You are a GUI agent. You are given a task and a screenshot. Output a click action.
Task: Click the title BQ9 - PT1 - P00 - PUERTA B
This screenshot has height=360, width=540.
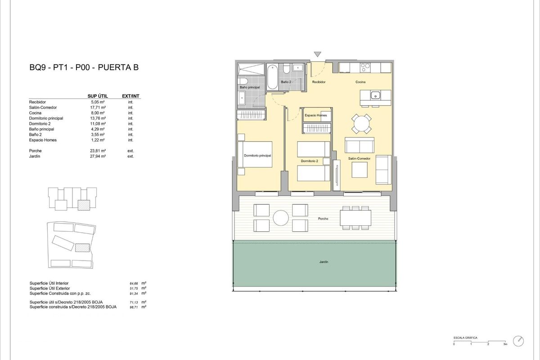[83, 68]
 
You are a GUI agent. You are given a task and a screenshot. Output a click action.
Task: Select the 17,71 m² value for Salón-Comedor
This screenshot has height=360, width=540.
[98, 108]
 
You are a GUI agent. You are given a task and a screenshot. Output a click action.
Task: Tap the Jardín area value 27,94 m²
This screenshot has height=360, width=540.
[98, 156]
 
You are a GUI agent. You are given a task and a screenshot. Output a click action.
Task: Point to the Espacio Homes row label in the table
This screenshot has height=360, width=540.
[43, 140]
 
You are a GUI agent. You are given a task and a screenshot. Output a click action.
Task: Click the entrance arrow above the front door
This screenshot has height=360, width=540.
[318, 54]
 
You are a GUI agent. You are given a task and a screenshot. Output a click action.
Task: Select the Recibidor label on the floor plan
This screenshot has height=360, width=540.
[319, 82]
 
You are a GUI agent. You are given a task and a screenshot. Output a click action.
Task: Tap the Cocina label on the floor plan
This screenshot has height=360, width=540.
[360, 82]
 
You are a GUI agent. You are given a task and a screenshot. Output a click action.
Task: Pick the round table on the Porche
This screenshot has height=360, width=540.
[281, 218]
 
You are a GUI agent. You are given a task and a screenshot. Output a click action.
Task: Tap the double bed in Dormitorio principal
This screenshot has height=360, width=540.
[255, 154]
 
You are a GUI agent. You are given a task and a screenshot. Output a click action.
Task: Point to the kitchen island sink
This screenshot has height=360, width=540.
[374, 95]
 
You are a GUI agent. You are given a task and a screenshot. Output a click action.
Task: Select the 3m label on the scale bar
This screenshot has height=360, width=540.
[505, 345]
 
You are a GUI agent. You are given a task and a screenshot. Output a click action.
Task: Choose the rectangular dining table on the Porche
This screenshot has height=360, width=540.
[355, 218]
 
